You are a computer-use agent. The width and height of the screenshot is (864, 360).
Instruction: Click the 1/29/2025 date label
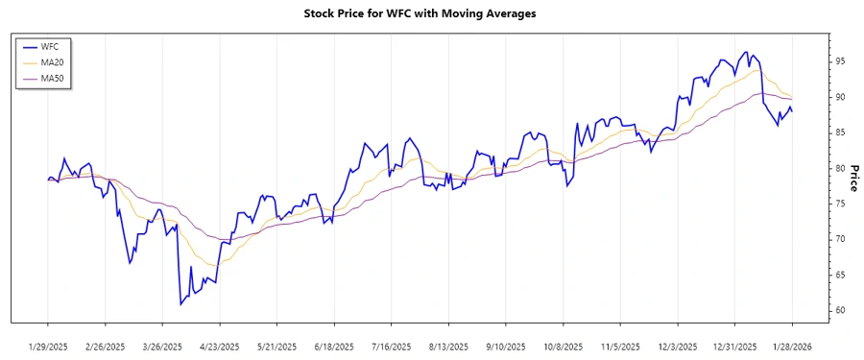(x=48, y=347)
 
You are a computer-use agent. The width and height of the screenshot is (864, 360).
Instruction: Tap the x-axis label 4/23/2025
(x=220, y=347)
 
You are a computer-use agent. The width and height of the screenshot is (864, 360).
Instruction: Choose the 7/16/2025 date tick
(x=392, y=347)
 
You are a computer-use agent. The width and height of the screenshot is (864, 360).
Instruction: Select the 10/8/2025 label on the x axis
(x=564, y=347)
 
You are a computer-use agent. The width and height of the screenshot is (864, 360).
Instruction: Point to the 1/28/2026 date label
(x=792, y=347)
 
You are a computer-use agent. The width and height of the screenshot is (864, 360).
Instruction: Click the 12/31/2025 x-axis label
(x=735, y=347)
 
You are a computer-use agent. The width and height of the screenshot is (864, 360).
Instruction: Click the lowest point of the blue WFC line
(x=180, y=304)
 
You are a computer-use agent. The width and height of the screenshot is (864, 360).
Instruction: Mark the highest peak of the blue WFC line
(x=746, y=52)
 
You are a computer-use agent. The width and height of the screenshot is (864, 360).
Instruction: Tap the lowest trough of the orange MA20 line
(x=213, y=265)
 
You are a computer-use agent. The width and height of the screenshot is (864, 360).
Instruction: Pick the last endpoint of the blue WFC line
(x=792, y=112)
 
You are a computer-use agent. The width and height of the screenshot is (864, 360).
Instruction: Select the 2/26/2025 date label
(x=106, y=347)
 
